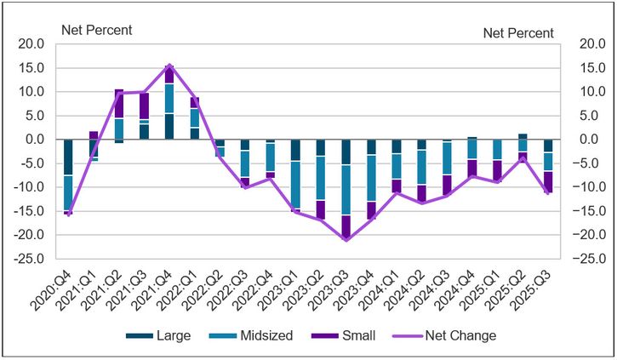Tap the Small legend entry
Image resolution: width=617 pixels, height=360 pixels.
(357, 335)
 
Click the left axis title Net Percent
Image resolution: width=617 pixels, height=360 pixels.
(96, 31)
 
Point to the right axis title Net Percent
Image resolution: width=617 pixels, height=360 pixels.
(518, 33)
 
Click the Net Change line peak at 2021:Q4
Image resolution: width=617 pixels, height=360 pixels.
(169, 66)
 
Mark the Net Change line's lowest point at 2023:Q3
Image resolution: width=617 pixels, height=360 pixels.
(346, 239)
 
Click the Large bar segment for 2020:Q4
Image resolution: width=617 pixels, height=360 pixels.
(68, 157)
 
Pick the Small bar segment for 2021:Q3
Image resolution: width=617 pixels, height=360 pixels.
(144, 106)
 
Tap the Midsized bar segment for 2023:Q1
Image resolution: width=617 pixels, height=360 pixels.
(295, 184)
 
